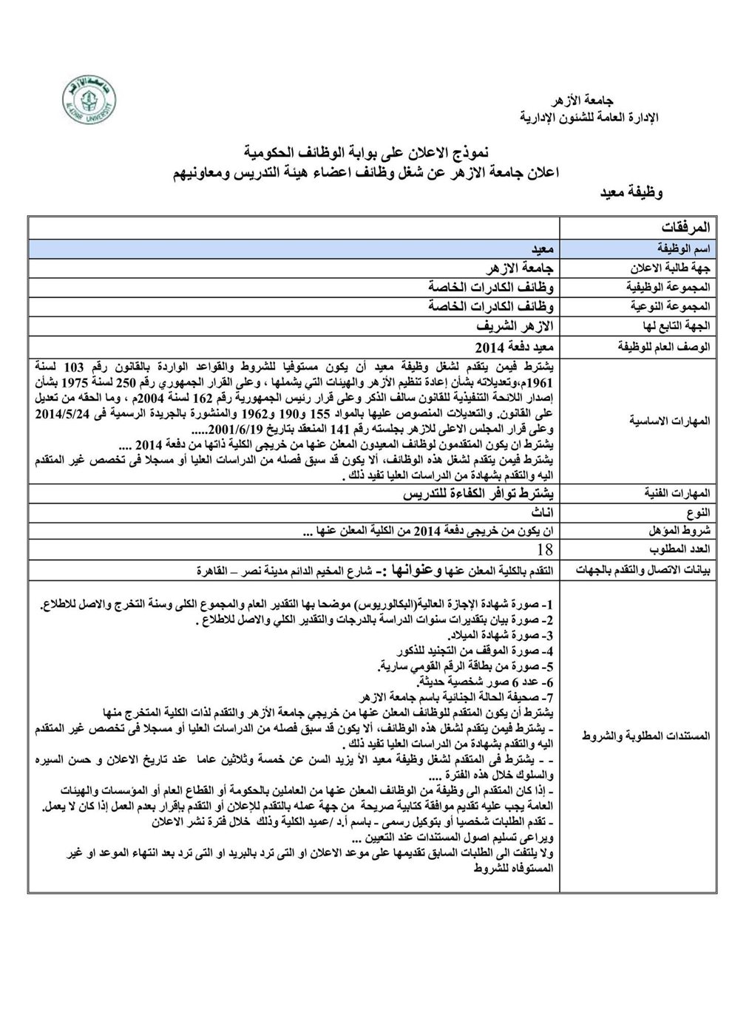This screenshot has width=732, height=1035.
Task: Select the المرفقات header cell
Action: pyautogui.click(x=682, y=226)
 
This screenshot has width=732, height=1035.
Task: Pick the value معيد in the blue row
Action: pyautogui.click(x=543, y=250)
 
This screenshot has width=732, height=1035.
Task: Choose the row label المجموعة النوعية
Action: pyautogui.click(x=674, y=306)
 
